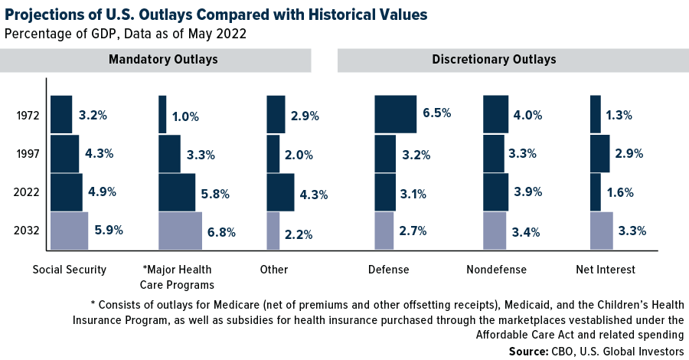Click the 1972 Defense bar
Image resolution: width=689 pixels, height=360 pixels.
(x=395, y=115)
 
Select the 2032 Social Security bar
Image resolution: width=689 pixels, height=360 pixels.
(x=70, y=231)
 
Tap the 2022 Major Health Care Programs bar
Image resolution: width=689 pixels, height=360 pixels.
(x=177, y=192)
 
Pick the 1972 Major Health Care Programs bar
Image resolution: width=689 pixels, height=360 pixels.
(x=162, y=115)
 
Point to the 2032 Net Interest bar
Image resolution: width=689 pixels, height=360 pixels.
(x=602, y=231)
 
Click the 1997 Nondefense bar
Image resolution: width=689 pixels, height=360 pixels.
(x=494, y=154)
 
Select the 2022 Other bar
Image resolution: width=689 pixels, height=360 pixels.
(x=280, y=192)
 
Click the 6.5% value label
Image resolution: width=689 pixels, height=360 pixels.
(x=436, y=113)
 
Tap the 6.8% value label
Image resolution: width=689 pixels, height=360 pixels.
(x=221, y=232)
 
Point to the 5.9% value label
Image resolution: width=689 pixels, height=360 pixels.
(x=108, y=228)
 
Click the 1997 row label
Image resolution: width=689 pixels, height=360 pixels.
(x=28, y=154)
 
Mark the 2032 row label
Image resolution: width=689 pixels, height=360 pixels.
(x=28, y=231)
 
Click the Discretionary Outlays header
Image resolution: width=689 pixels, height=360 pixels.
(x=494, y=60)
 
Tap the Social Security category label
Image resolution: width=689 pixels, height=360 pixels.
(x=70, y=270)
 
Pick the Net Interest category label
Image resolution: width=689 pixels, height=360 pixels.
(x=606, y=270)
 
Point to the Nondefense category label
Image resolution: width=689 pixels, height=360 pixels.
(x=497, y=270)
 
